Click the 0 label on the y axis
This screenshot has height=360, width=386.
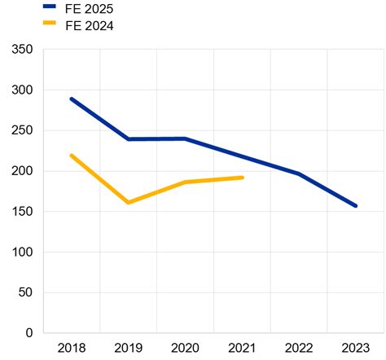click(x=29, y=333)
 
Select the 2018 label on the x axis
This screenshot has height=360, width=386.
click(x=72, y=349)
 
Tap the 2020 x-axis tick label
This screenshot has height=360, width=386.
click(x=185, y=349)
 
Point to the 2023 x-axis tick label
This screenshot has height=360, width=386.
click(x=356, y=349)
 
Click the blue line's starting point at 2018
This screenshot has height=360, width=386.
click(x=72, y=99)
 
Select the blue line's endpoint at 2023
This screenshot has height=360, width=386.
click(x=356, y=206)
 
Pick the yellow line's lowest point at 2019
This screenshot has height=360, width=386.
click(x=129, y=202)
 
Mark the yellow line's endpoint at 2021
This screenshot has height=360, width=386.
click(x=242, y=178)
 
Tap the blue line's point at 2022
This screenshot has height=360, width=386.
click(x=299, y=173)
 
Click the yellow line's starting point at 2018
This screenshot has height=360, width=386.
click(x=72, y=156)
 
